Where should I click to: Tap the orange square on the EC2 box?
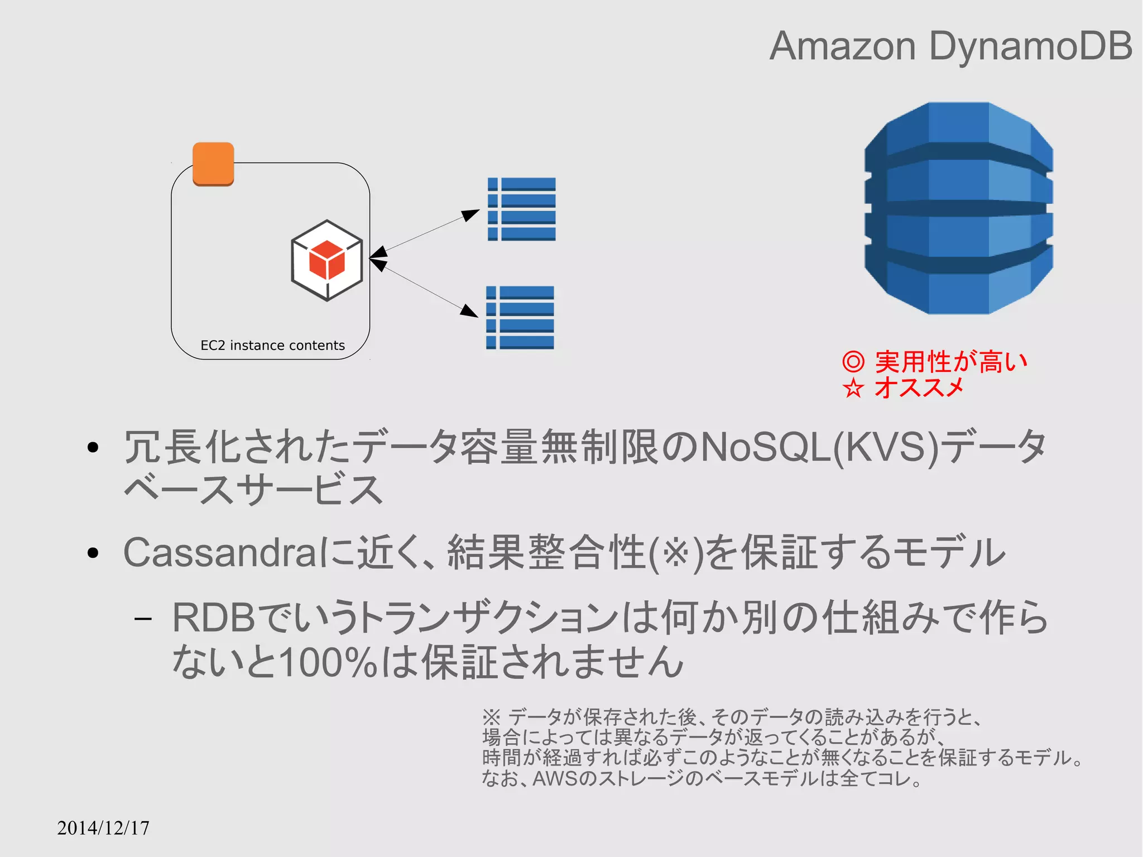(213, 164)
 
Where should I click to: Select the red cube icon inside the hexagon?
(326, 260)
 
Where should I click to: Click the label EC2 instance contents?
(272, 346)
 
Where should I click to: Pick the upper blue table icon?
(521, 209)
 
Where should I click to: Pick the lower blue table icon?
(520, 318)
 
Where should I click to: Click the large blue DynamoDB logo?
(958, 208)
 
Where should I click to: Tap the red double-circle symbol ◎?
(853, 362)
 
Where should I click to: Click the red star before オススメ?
(853, 388)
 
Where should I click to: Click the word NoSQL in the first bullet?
(766, 447)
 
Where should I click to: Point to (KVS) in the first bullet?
(887, 447)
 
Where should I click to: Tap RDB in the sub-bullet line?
(214, 618)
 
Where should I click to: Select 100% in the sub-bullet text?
(329, 663)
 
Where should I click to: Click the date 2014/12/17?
(103, 828)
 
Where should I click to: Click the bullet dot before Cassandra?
(93, 553)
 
